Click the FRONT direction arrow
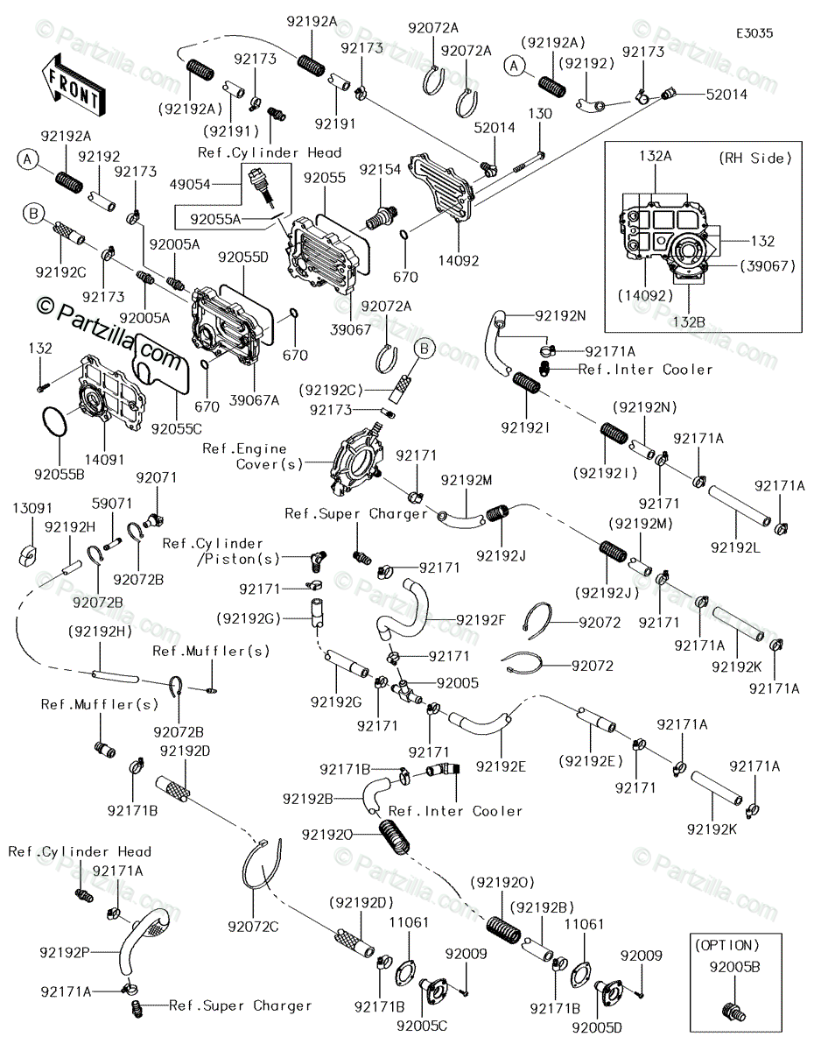73,86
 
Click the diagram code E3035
754,33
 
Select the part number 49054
190,184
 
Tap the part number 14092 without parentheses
459,261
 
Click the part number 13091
32,508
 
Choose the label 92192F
481,619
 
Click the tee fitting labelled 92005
404,690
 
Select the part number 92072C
253,927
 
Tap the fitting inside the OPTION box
733,1012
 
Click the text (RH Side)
755,159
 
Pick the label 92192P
65,952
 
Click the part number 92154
380,169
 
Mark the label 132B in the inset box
689,322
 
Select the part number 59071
112,504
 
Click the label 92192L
735,547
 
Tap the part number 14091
104,460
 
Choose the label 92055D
243,257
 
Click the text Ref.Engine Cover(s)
252,456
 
